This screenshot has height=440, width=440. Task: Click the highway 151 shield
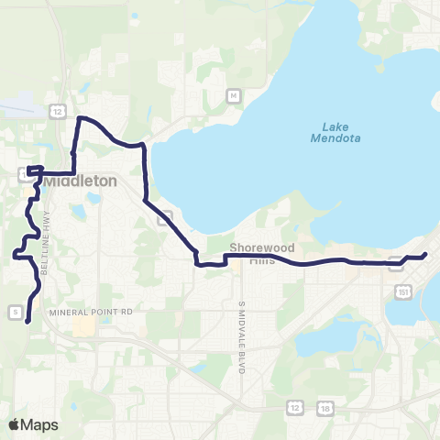pos(404,290)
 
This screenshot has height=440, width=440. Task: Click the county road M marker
pos(234,95)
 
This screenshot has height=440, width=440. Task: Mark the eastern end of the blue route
pos(426,255)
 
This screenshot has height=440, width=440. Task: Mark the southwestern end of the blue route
pos(27,321)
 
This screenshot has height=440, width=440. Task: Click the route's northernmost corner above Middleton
pos(80,118)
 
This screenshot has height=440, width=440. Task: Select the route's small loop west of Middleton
pos(35,170)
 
